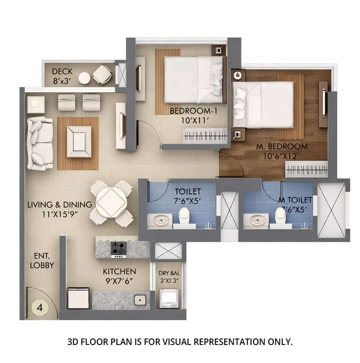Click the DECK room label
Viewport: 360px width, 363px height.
tap(63, 71)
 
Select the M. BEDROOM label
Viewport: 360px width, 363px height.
tap(282, 147)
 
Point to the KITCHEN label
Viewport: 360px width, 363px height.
tap(119, 271)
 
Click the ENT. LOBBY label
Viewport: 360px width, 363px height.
tap(42, 260)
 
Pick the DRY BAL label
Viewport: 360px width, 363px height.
tap(169, 274)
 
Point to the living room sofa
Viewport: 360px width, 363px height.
tap(40, 143)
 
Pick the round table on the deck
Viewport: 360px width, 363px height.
tap(85, 78)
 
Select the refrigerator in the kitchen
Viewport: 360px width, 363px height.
tap(78, 298)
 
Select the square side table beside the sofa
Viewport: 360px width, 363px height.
tap(34, 104)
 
